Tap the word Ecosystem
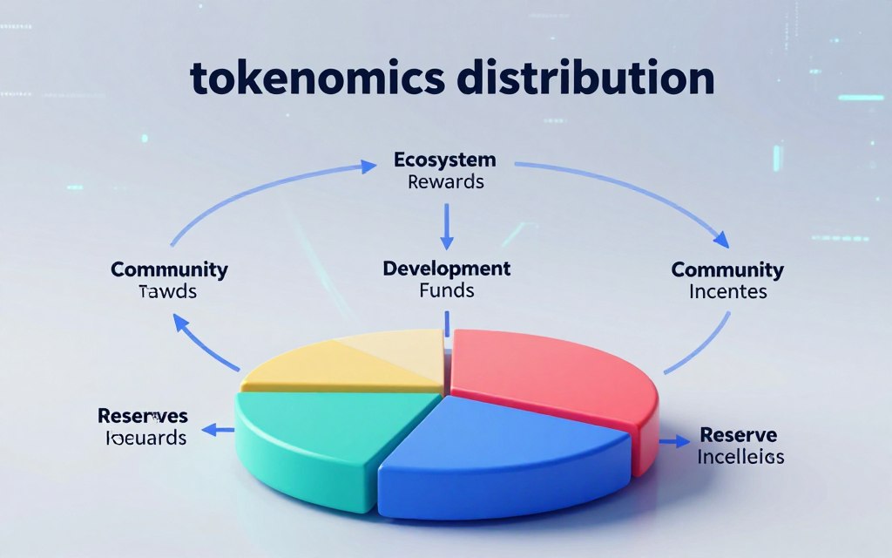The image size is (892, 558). click(x=445, y=160)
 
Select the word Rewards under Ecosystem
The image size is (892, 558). click(x=445, y=182)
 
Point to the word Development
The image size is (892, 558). click(x=447, y=268)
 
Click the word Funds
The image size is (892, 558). click(x=447, y=289)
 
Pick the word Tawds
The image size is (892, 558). click(x=168, y=291)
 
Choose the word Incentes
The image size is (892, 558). click(x=728, y=291)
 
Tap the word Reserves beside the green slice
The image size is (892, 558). click(x=143, y=416)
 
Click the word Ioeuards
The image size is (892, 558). click(x=145, y=438)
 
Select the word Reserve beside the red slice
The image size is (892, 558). click(x=739, y=434)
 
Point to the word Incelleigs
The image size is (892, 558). click(x=741, y=456)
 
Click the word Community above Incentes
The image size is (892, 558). click(x=727, y=269)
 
